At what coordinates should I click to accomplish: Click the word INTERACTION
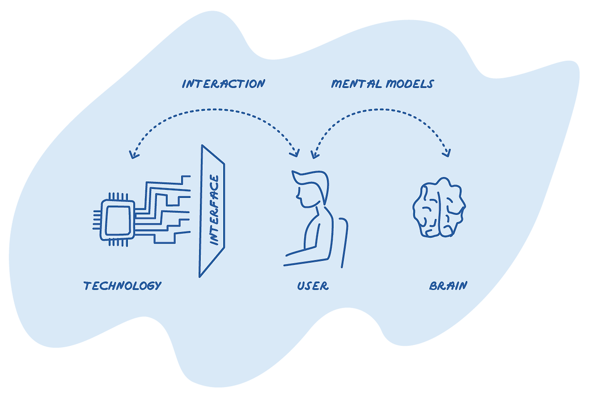(224, 84)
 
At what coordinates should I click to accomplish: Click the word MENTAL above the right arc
(356, 84)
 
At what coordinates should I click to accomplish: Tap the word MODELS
(410, 84)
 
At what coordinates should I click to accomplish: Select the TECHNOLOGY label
(122, 286)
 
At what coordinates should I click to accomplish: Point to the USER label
(313, 286)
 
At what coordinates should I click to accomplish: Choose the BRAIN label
(448, 286)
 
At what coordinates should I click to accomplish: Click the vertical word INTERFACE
(214, 210)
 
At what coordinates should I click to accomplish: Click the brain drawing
(439, 208)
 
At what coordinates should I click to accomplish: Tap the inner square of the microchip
(118, 221)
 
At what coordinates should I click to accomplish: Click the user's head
(312, 189)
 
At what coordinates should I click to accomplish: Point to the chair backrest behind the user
(344, 242)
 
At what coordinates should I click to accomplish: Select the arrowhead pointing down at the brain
(447, 153)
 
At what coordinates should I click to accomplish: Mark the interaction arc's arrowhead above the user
(295, 153)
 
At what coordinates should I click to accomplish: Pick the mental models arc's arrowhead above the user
(314, 155)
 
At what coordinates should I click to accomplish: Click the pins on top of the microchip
(118, 196)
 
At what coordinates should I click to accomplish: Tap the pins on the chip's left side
(97, 220)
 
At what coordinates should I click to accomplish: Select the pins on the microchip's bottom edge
(118, 243)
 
